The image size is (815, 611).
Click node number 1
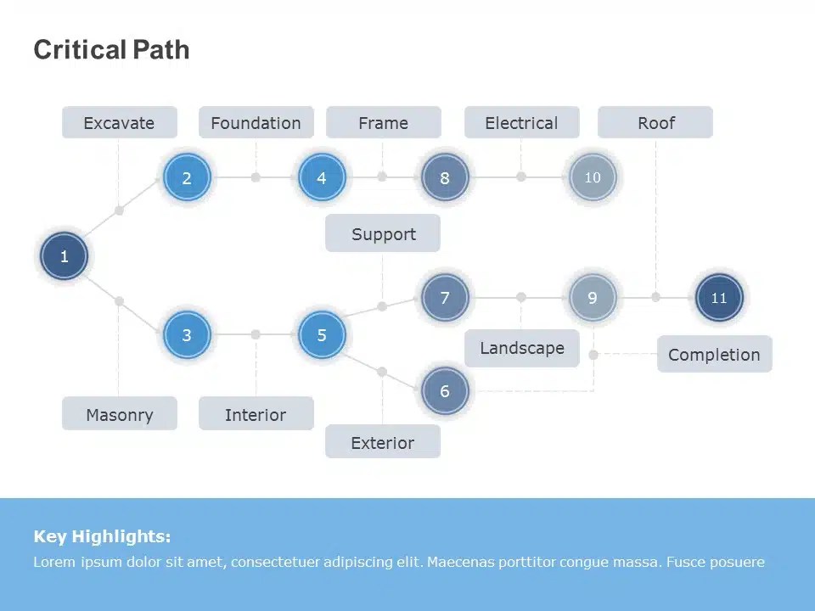[64, 256]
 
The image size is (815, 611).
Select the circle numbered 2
[187, 178]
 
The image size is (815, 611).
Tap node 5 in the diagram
[322, 335]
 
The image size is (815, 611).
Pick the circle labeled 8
[445, 178]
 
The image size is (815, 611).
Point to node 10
[593, 177]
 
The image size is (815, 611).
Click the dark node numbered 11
[719, 298]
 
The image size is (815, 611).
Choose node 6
[445, 391]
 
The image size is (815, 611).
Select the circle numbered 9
[593, 298]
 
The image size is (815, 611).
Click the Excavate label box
[120, 123]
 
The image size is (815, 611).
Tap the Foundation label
[256, 123]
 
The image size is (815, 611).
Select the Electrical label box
[521, 123]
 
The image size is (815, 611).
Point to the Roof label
[655, 123]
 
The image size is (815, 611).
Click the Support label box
[383, 234]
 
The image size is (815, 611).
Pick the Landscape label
[521, 348]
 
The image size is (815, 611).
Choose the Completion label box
[714, 355]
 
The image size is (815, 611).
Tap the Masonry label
[120, 415]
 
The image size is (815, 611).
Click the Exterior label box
[383, 442]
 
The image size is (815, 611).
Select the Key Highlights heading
[102, 536]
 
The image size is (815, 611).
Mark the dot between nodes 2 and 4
[256, 177]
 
